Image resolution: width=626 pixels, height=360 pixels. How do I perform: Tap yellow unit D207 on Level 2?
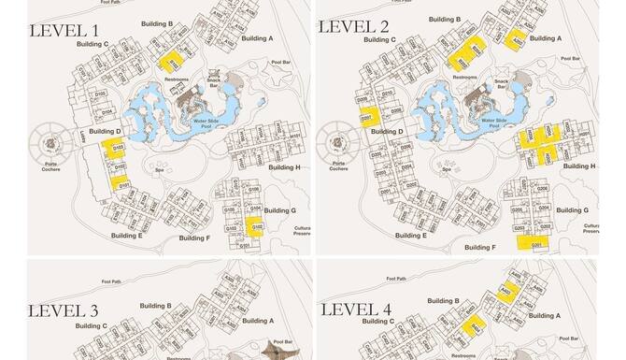(x=367, y=118)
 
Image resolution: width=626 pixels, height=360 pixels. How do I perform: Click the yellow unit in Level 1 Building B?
(x=172, y=61)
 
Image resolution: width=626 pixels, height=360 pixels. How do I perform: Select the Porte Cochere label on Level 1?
(x=52, y=166)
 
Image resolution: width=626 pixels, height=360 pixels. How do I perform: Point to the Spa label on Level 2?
(x=448, y=170)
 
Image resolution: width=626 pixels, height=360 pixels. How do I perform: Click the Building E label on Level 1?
(x=125, y=236)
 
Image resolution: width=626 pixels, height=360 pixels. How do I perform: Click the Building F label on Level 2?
(x=478, y=248)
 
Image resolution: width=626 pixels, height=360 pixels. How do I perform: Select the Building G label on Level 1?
(x=280, y=211)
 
